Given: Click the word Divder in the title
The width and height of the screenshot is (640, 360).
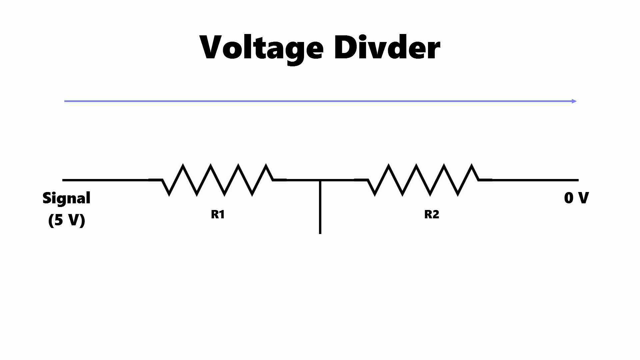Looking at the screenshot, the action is (387, 47).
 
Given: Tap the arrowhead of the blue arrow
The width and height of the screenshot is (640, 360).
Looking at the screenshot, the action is (574, 101).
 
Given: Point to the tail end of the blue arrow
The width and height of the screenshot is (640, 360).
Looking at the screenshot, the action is (65, 101).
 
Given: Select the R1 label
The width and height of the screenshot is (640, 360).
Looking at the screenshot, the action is (218, 214).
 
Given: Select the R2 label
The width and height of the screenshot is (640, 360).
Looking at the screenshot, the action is (432, 214).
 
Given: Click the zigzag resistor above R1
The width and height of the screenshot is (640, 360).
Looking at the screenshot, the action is (217, 179).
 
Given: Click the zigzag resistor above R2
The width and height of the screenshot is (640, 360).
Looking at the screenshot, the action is (423, 179).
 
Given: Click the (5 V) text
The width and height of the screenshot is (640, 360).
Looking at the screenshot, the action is (67, 220).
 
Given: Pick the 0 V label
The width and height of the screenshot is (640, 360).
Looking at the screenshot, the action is (576, 198).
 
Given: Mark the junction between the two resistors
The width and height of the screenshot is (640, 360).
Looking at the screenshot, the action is (320, 180).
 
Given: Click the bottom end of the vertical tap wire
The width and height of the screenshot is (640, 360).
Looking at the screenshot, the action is (320, 233).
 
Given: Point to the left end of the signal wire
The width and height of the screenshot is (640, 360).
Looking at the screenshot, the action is (63, 180).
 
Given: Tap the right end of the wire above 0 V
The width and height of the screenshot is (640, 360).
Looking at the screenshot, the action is (578, 180).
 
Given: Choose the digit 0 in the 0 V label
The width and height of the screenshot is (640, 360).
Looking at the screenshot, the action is (568, 198).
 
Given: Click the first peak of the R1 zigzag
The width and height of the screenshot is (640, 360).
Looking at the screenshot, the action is (183, 164).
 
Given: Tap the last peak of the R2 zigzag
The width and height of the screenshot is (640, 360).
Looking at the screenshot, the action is (472, 164).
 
